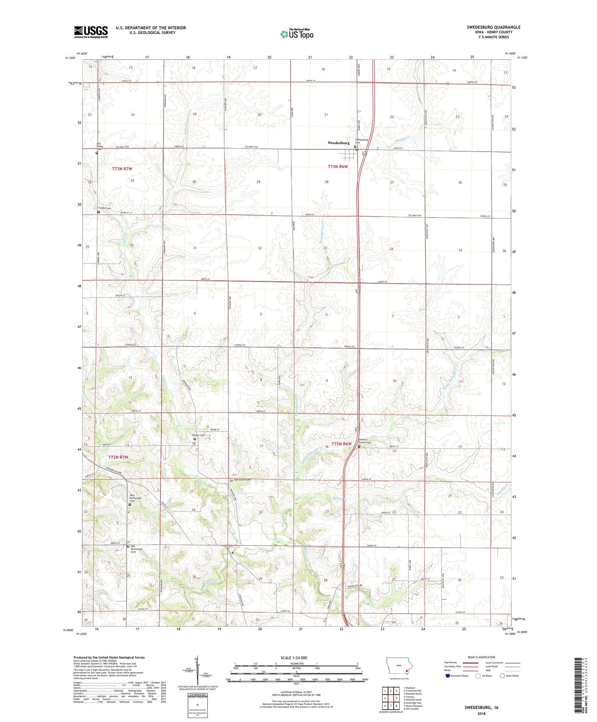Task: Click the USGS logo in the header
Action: tap(91, 32)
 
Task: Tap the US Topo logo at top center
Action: tap(297, 34)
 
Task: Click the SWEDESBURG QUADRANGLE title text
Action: tap(494, 27)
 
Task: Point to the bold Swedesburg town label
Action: tap(339, 143)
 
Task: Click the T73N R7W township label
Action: tap(122, 169)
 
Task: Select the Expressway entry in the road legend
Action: tap(452, 662)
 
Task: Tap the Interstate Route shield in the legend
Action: tap(448, 675)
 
